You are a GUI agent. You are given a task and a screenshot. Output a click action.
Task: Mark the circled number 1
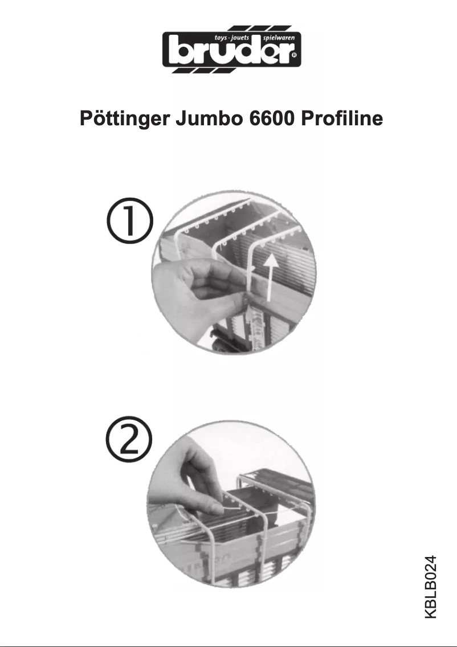[130, 223]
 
